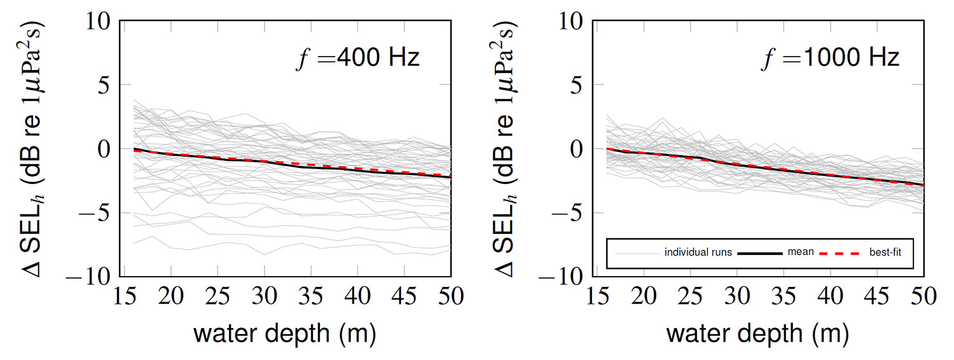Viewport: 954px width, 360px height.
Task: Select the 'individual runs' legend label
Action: [x=698, y=253]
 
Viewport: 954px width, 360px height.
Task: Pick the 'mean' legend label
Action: [x=801, y=252]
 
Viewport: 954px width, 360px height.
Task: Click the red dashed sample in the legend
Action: [x=841, y=253]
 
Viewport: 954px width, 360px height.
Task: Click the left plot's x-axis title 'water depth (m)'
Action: [x=284, y=333]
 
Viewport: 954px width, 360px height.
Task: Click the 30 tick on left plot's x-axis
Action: [x=265, y=297]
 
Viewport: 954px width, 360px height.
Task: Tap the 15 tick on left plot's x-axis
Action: [x=124, y=297]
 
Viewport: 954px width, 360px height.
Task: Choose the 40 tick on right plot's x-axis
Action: [x=831, y=297]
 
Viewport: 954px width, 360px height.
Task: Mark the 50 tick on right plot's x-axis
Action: [x=923, y=297]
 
